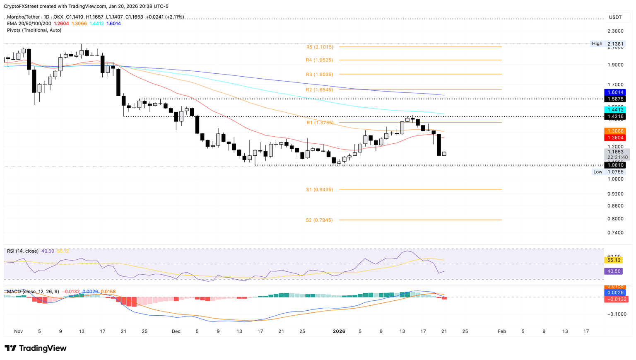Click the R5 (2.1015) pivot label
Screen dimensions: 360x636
320,47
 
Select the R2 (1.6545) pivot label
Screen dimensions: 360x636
320,90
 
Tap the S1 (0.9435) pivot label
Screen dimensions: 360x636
320,190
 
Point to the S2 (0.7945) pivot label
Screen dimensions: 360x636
320,220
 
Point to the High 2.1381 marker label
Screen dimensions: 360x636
608,43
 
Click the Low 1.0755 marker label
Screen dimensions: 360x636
608,172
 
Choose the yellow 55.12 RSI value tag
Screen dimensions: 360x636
614,260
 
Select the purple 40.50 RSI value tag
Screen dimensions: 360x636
614,271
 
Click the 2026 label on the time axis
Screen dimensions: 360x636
339,331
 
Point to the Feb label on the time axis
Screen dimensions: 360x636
502,331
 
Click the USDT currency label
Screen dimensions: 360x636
615,17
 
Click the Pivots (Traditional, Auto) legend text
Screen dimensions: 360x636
34,30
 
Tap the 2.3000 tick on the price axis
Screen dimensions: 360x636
615,31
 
